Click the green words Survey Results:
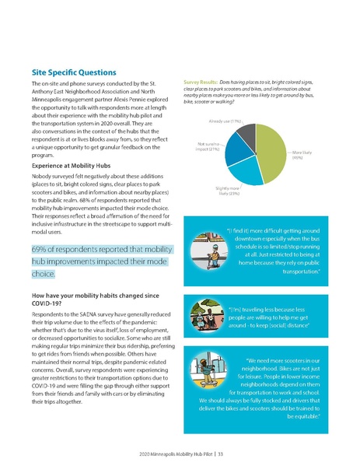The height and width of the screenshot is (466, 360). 200,82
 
